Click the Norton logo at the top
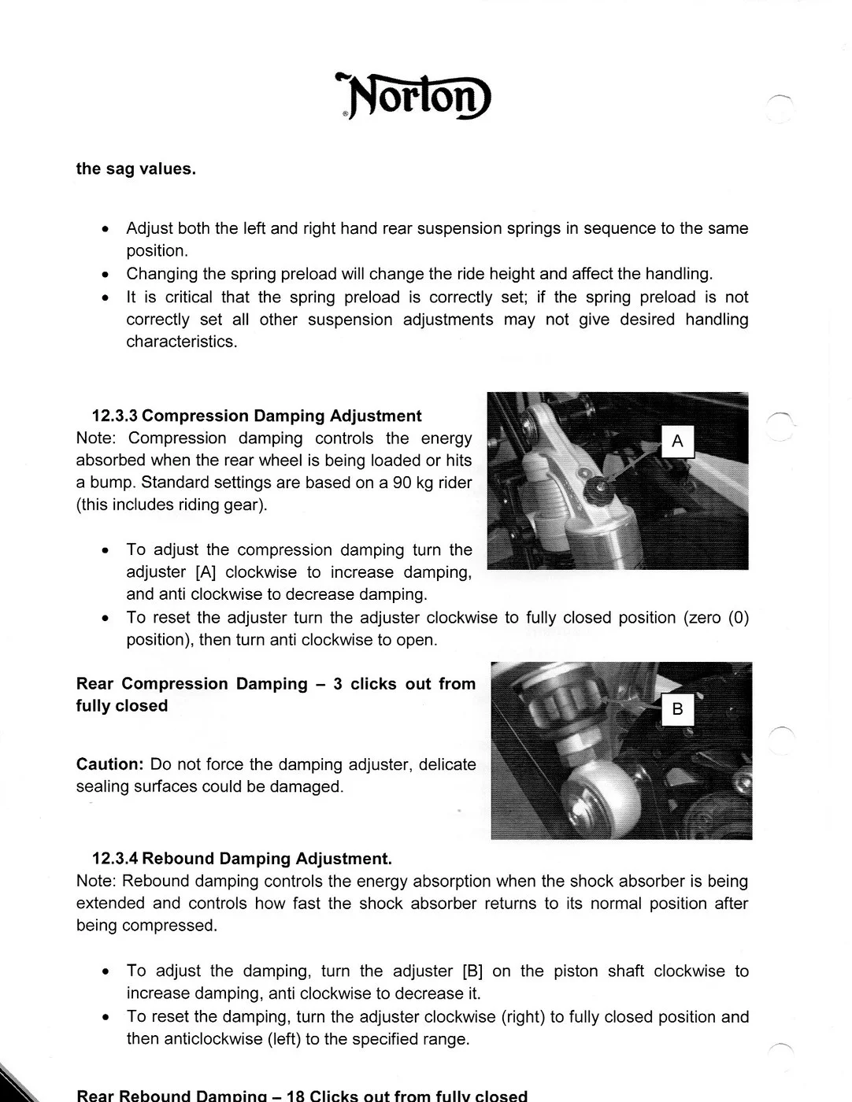coord(413,97)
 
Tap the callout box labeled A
coord(677,442)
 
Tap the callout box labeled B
coord(677,711)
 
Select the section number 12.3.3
coord(115,416)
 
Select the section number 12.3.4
coord(115,859)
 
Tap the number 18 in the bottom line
coord(296,1096)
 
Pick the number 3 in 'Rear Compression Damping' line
coord(337,684)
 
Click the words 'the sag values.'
coord(135,169)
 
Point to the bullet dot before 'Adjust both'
coord(105,230)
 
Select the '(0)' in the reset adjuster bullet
coord(738,618)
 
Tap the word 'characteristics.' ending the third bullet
coord(182,342)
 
